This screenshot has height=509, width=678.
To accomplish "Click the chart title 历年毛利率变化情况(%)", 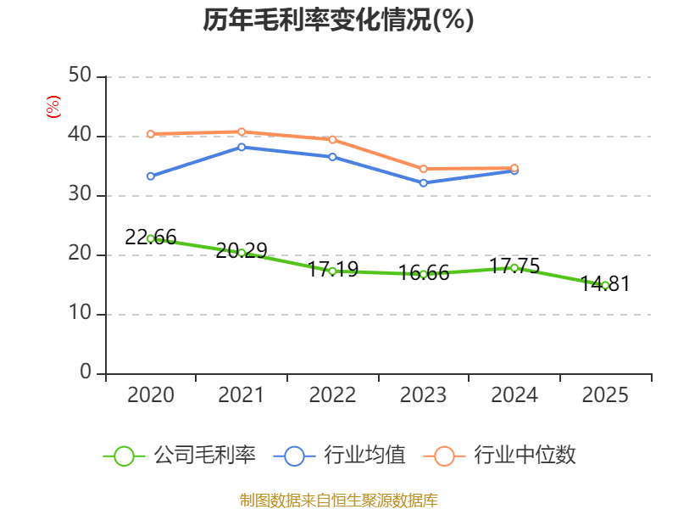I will click(338, 20).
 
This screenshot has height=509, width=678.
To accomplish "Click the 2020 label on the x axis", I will click(150, 394).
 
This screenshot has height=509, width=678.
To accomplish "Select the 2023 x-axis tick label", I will click(424, 394).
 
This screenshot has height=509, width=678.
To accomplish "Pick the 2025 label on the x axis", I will click(605, 394).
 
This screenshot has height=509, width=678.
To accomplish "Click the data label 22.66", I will click(151, 238).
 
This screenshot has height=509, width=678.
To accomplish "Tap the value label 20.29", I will click(242, 250).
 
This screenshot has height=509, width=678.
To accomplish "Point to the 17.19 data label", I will click(333, 270).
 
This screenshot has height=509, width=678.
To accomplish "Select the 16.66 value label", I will click(424, 273).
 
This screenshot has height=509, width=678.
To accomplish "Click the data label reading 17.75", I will click(514, 266).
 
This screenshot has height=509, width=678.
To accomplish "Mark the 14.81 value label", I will click(605, 284).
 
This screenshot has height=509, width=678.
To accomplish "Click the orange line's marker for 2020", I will click(151, 134).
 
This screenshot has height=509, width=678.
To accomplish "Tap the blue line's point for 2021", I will click(242, 147).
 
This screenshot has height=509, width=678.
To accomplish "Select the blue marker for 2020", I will click(151, 176).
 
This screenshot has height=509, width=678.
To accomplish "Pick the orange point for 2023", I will click(424, 169).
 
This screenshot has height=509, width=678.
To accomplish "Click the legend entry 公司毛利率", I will click(180, 456).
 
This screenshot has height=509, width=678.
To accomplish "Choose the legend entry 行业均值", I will click(339, 456).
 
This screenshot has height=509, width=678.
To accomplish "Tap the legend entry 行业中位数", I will click(505, 456).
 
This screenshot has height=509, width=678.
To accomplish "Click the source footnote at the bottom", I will click(338, 500).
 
